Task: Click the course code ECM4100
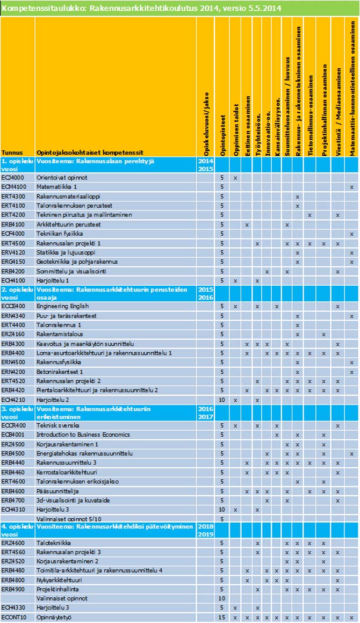pos(13,186)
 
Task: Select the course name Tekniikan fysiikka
pos(59,234)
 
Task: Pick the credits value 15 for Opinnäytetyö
pos(222,618)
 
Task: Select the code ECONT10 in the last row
pos(13,618)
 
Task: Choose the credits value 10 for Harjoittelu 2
pos(222,400)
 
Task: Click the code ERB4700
pos(13,500)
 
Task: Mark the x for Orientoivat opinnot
pos(235,177)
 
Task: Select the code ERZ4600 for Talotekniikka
pos(13,542)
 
